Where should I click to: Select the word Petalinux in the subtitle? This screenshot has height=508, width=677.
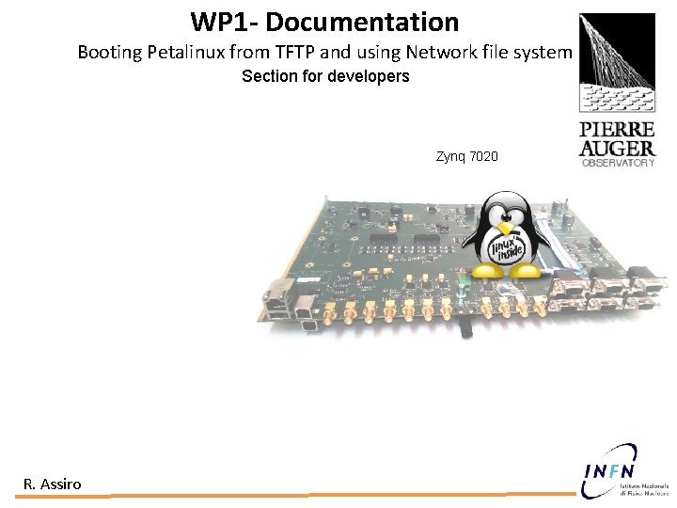(x=182, y=53)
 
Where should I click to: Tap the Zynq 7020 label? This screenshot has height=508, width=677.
(x=467, y=156)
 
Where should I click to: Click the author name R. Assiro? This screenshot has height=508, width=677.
(x=53, y=484)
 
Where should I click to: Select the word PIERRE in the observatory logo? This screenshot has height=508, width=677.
(x=617, y=129)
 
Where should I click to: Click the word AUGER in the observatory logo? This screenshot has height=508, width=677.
(x=617, y=148)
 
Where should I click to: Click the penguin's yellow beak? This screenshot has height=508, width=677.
(x=507, y=228)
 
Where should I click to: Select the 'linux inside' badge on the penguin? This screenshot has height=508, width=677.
(x=508, y=248)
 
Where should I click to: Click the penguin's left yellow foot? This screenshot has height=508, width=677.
(x=486, y=271)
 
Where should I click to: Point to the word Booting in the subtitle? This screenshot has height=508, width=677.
(x=109, y=53)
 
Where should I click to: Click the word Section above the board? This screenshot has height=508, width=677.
(x=269, y=76)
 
